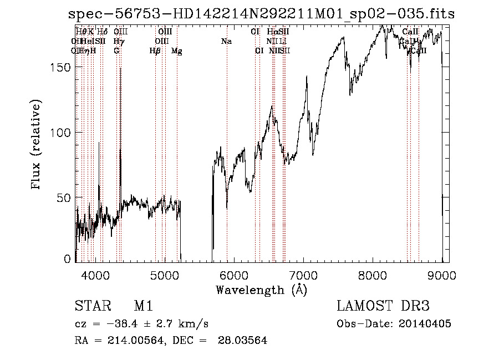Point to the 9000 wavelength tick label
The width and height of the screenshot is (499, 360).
click(442, 275)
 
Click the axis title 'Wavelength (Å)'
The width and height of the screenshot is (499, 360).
click(261, 290)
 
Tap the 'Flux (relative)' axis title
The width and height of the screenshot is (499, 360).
click(37, 145)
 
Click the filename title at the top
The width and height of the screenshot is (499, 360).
click(261, 14)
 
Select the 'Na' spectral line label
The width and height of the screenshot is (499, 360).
click(226, 41)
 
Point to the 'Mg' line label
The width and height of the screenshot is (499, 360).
click(177, 51)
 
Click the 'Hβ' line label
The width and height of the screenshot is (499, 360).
click(155, 51)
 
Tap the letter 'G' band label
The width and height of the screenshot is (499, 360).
click(116, 51)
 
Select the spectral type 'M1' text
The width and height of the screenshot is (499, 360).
click(143, 307)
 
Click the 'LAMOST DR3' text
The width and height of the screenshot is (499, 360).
click(383, 307)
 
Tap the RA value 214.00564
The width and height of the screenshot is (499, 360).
click(131, 341)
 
